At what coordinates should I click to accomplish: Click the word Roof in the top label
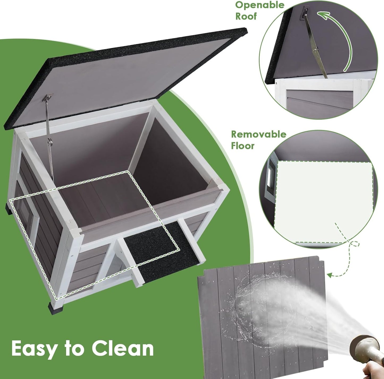(246, 16)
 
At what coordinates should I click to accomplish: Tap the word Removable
(258, 134)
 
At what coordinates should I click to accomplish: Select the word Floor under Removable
(243, 146)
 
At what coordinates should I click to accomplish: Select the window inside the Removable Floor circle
(270, 177)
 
